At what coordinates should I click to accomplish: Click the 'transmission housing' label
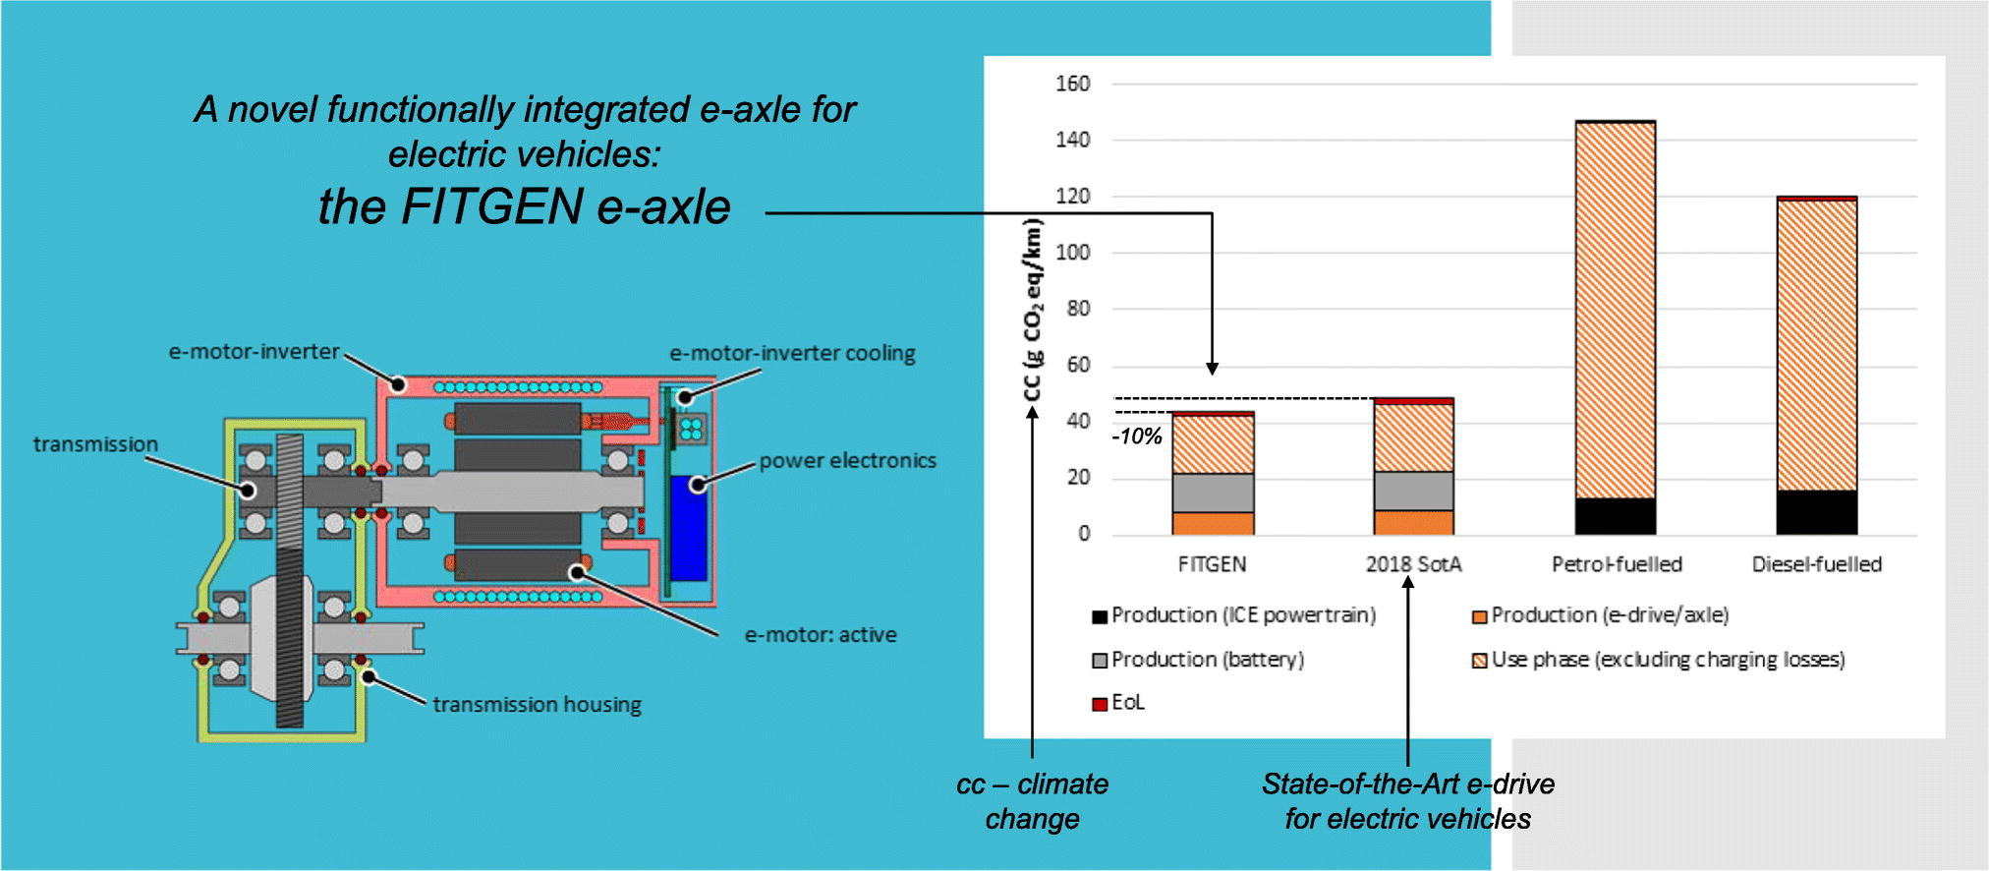(x=538, y=705)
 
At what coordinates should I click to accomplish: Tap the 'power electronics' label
(x=847, y=460)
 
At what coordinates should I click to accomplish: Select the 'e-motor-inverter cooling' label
(x=792, y=353)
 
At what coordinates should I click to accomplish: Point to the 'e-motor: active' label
(x=821, y=635)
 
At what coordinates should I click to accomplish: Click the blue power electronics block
(x=688, y=528)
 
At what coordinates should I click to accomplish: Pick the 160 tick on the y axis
(x=1073, y=84)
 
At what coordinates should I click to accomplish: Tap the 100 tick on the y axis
(x=1073, y=253)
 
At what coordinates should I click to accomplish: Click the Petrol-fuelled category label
(x=1617, y=564)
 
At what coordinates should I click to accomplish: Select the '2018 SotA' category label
(x=1413, y=564)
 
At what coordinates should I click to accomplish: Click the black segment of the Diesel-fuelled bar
(x=1817, y=512)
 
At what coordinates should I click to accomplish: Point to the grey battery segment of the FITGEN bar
(x=1213, y=494)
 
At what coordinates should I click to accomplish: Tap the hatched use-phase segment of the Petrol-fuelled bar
(x=1616, y=311)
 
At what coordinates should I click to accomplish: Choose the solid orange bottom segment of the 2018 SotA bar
(x=1413, y=523)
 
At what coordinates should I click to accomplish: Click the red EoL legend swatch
(x=1099, y=704)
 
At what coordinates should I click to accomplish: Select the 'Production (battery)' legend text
(x=1208, y=660)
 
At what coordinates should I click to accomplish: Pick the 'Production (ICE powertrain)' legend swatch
(x=1099, y=616)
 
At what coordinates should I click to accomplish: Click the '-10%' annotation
(x=1137, y=436)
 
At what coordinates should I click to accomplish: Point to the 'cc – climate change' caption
(x=1033, y=801)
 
